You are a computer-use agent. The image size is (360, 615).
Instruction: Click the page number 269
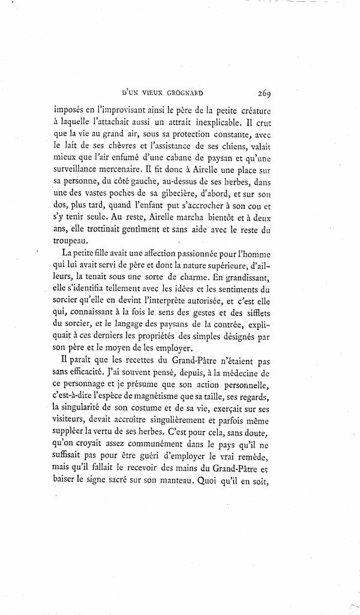point(265,92)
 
